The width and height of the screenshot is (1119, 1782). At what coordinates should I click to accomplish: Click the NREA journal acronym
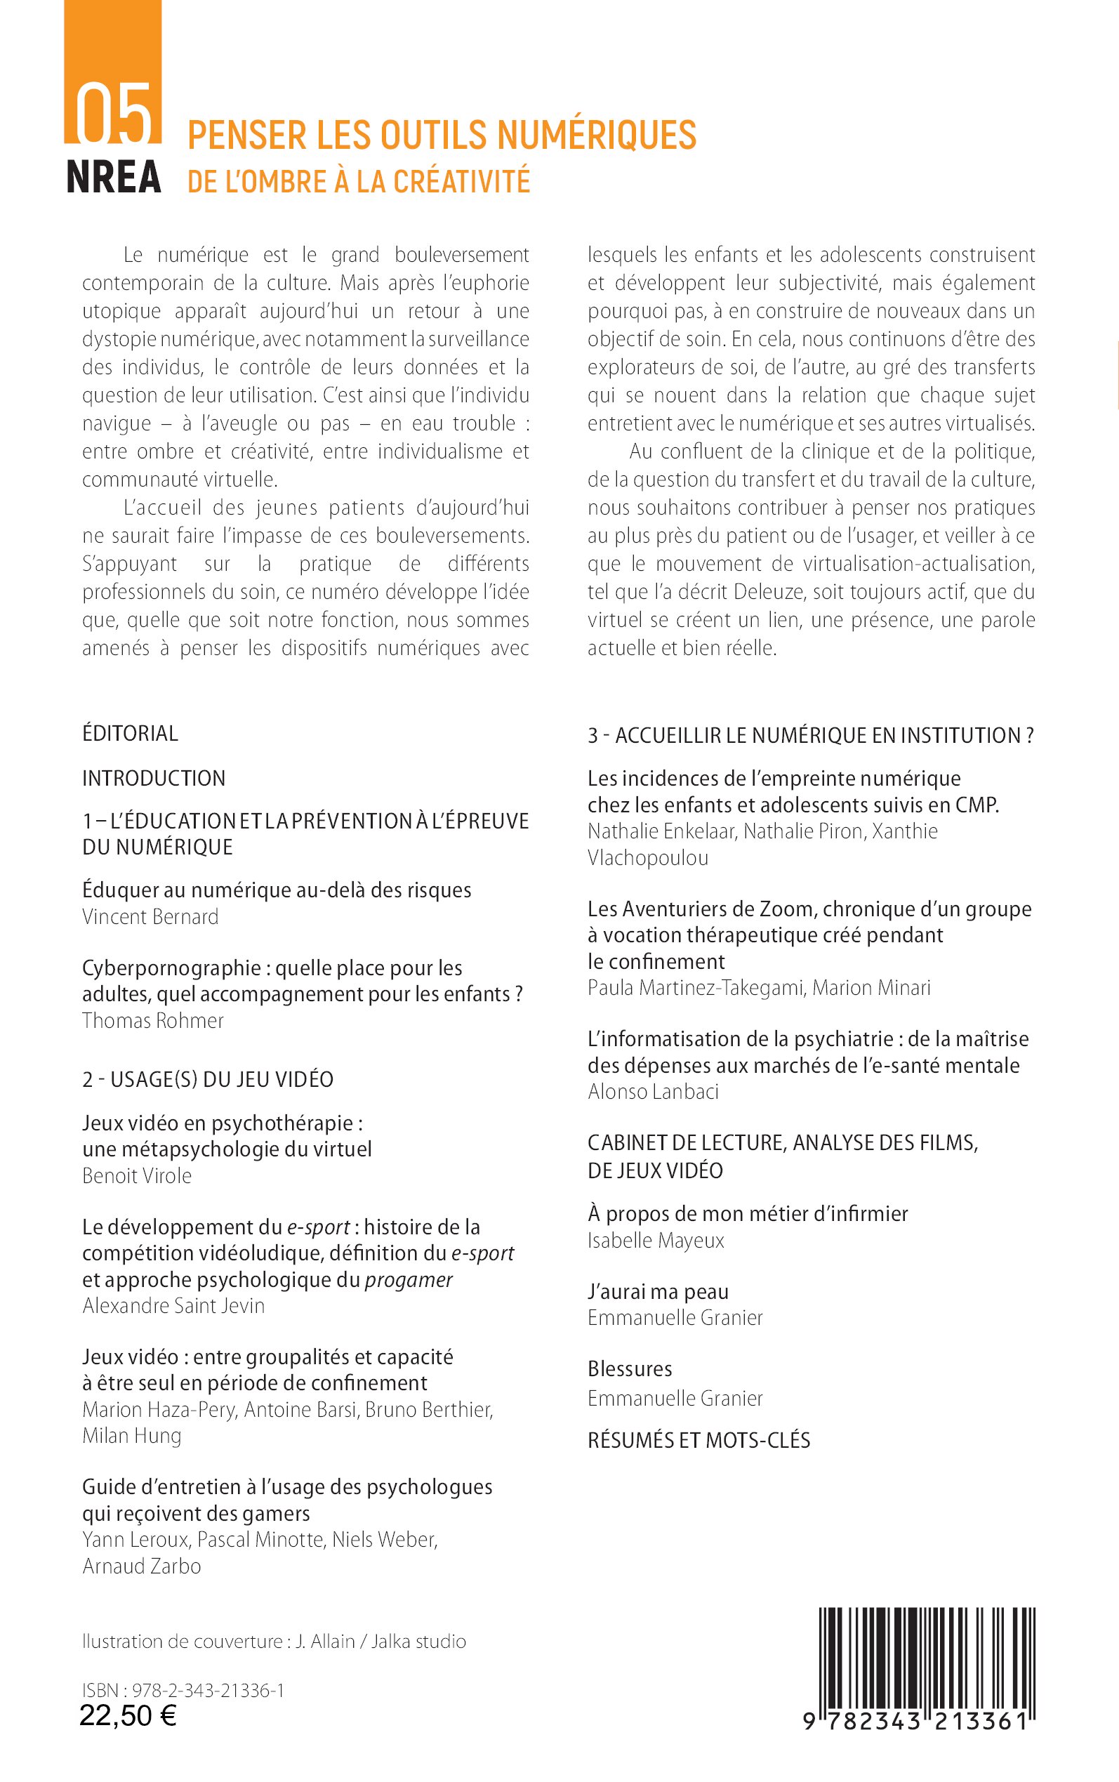point(114,178)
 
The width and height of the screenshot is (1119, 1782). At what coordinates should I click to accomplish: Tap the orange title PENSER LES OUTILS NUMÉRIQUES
point(442,136)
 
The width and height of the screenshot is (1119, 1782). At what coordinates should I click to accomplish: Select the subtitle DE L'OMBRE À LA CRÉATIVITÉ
point(359,182)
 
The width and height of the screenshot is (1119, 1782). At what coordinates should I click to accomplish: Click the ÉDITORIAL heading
point(131,734)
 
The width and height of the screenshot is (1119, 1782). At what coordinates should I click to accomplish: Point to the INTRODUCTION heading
point(154,779)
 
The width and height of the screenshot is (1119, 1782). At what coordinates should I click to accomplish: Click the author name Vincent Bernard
point(150,917)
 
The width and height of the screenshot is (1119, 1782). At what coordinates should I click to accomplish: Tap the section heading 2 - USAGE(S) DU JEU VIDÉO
point(208,1080)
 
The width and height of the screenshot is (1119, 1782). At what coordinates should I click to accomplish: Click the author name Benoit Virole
point(137,1176)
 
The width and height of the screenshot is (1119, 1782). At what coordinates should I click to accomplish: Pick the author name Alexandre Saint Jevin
point(173,1305)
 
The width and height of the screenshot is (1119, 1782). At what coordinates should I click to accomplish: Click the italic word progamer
point(409,1279)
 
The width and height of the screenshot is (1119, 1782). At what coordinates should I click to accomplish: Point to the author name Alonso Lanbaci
point(653,1092)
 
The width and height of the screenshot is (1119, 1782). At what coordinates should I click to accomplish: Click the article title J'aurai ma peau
point(658,1291)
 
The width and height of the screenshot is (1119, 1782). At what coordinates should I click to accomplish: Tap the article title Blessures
point(630,1369)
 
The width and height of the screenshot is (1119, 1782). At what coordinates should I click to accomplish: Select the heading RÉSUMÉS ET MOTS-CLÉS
point(698,1440)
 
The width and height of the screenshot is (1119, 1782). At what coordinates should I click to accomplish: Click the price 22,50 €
point(128,1715)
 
